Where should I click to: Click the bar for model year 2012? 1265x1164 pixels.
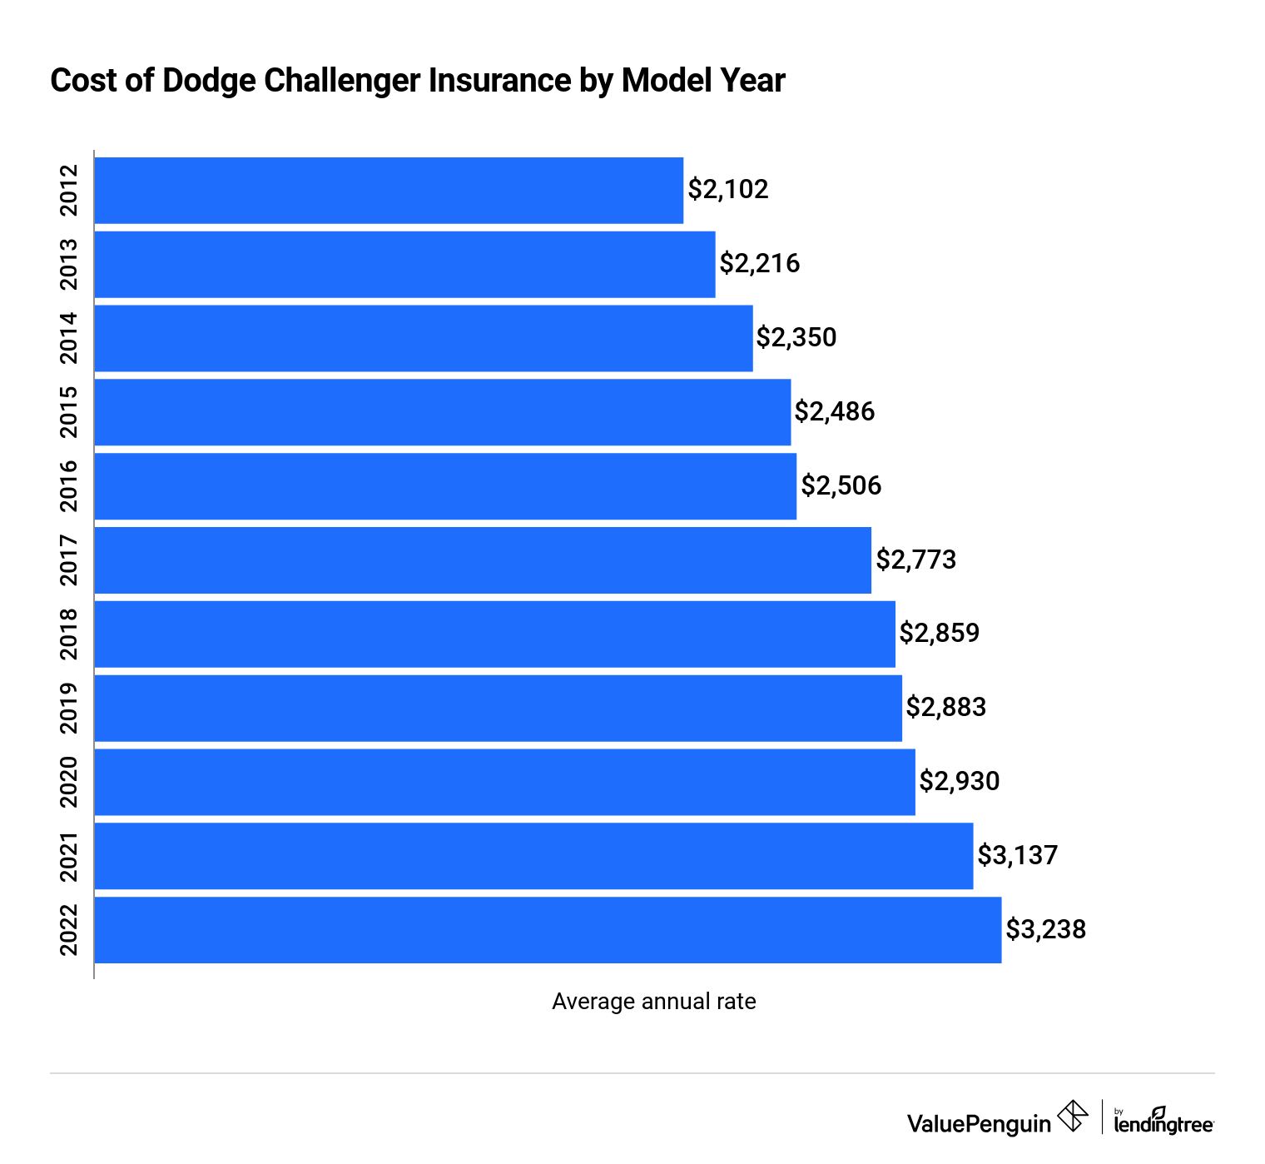pos(389,191)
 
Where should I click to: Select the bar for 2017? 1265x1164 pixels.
pos(483,560)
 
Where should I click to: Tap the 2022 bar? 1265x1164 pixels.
pos(548,930)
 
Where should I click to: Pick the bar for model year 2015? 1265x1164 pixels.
pos(443,412)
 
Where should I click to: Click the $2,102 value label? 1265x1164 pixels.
pos(727,190)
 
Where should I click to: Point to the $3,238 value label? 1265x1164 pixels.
pos(1045,929)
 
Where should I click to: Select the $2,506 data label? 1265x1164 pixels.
pos(841,485)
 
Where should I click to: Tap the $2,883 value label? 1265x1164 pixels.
pos(945,708)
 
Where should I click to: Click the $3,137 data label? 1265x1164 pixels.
pos(1017,855)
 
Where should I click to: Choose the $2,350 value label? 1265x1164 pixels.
pos(796,337)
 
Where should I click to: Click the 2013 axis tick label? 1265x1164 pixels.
pos(69,264)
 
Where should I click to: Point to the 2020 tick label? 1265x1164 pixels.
pos(69,782)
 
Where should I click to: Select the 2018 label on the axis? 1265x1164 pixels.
pos(69,634)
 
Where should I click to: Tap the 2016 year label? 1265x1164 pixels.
pos(69,485)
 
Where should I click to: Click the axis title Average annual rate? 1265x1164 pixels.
pos(653,1001)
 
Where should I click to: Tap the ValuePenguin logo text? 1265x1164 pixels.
pos(979,1124)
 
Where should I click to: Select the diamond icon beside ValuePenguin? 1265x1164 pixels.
pos(1073,1117)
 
